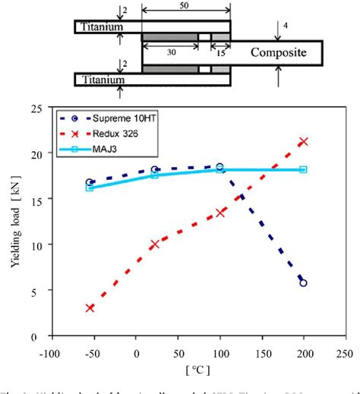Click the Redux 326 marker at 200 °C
point(303,142)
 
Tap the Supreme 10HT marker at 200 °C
point(303,282)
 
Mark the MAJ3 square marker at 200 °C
point(303,169)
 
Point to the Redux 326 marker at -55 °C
point(90,307)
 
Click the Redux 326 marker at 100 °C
point(220,213)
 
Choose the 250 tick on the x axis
point(345,353)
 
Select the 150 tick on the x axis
point(261,353)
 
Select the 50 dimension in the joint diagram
point(187,6)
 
